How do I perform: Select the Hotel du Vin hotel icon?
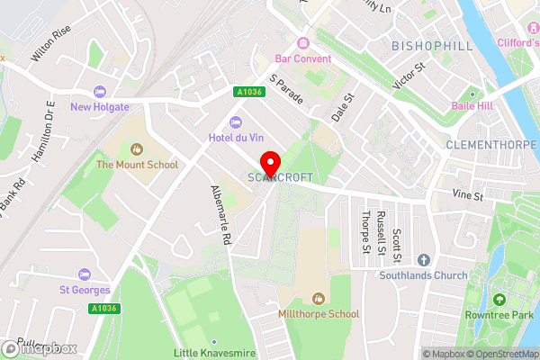coord(236,121)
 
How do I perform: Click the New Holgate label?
coord(100,106)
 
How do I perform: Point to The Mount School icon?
coord(137,149)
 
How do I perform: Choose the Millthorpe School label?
coord(318,314)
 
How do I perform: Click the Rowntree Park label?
coord(500,314)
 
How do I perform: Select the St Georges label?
coord(85,290)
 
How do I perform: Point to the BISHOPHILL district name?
coord(426,44)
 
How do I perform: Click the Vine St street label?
coord(468,195)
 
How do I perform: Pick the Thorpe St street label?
coord(365,233)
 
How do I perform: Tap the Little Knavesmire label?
coord(213,354)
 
